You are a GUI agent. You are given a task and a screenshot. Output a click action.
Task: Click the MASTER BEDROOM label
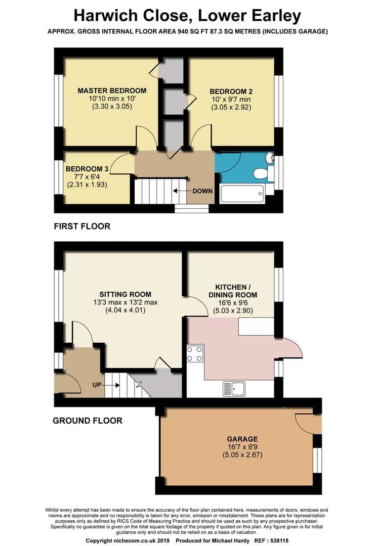pyautogui.click(x=112, y=90)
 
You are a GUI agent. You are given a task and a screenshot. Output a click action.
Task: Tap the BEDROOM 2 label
pyautogui.click(x=231, y=91)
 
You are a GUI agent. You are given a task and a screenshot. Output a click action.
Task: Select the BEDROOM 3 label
pyautogui.click(x=87, y=169)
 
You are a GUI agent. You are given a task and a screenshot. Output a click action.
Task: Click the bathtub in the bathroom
pyautogui.click(x=241, y=194)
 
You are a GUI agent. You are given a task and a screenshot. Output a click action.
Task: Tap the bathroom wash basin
pyautogui.click(x=269, y=158)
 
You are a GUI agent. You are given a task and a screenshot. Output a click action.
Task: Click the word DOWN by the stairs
pyautogui.click(x=202, y=191)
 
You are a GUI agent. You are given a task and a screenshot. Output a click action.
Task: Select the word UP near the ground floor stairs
pyautogui.click(x=97, y=385)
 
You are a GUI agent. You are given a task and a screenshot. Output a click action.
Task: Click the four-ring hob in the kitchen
pyautogui.click(x=195, y=354)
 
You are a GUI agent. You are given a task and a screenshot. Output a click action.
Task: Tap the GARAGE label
pyautogui.click(x=242, y=439)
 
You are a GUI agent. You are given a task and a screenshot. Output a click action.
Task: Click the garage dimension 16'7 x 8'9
pyautogui.click(x=242, y=447)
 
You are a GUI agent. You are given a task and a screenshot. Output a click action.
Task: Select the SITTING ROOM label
pyautogui.click(x=125, y=294)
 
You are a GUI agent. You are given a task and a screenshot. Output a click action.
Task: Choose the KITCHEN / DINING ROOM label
pyautogui.click(x=233, y=291)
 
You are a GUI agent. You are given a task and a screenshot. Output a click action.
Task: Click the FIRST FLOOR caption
pyautogui.click(x=82, y=226)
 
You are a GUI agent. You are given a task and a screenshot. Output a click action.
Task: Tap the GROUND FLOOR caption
pyautogui.click(x=88, y=421)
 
